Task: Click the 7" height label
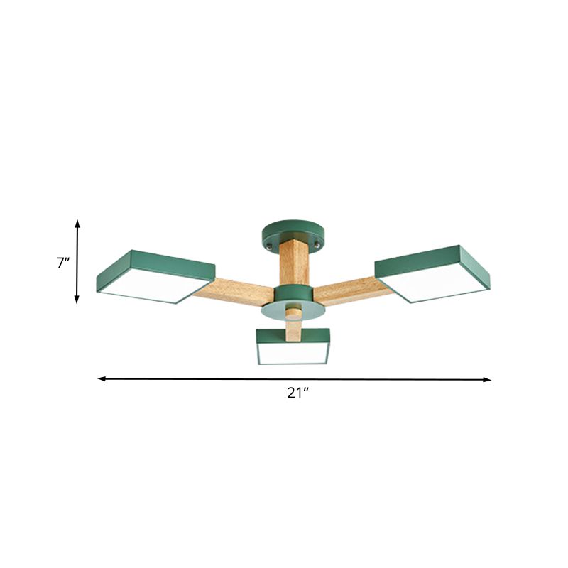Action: pos(63,263)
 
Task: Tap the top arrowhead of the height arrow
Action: pos(77,223)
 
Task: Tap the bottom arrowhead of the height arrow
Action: pos(77,300)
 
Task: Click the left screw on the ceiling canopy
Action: pos(268,243)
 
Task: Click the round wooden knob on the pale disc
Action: pos(292,310)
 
